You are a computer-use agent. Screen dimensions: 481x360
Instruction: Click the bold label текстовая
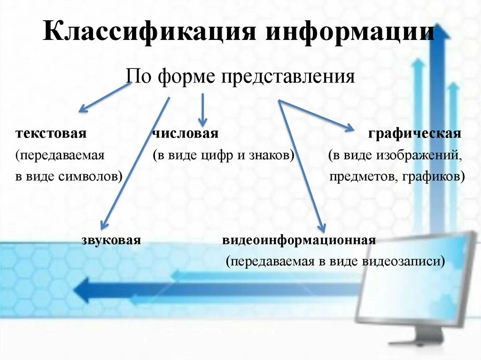[x=51, y=134]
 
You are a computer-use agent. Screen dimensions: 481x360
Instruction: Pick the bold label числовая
[x=185, y=134]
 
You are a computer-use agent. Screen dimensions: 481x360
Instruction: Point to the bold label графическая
[x=415, y=134]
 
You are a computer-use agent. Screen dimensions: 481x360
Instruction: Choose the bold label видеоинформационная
[x=299, y=241]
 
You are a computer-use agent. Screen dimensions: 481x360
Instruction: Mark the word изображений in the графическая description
[x=425, y=156]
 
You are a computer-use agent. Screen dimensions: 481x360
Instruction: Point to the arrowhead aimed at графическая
[x=350, y=127]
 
